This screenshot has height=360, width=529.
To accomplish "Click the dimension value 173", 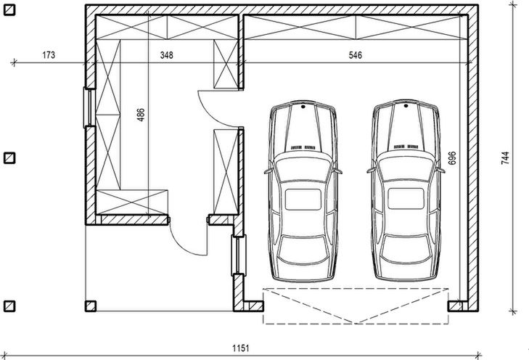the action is (49, 55).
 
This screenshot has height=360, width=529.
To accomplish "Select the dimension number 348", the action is (167, 55).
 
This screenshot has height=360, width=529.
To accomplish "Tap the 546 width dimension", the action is (356, 55).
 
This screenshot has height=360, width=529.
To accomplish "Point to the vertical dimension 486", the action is (141, 115).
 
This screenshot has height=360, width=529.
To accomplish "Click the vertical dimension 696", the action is (452, 158).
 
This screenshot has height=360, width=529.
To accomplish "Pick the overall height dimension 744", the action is (505, 158).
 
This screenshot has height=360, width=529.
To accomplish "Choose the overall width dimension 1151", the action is (241, 348).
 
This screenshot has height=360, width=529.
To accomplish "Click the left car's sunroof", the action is (303, 200).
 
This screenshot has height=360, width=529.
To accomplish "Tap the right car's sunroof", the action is (406, 199).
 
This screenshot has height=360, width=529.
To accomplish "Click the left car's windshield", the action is (303, 168).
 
